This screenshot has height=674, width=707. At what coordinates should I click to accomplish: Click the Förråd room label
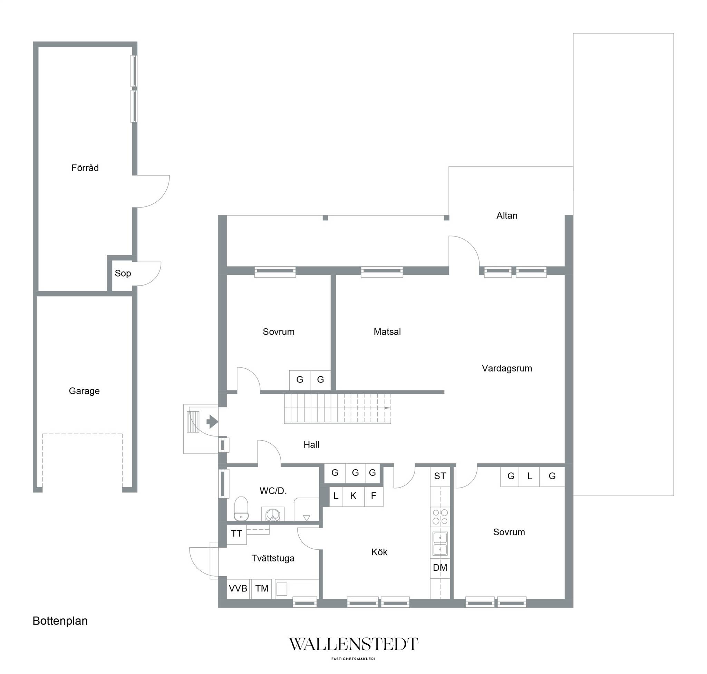click(85, 168)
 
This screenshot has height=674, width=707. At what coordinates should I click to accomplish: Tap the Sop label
click(123, 273)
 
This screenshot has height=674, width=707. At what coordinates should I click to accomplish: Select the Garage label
click(84, 391)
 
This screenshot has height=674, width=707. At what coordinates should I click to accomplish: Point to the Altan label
click(507, 215)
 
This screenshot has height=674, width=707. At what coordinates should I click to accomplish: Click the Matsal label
click(387, 331)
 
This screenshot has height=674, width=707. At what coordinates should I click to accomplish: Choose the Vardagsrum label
click(507, 368)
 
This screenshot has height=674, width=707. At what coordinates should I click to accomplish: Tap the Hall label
click(311, 445)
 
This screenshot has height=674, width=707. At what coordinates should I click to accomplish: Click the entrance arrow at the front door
click(212, 422)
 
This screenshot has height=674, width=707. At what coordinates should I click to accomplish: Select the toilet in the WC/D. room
click(241, 509)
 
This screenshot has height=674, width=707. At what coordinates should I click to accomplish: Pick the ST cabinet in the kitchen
click(440, 476)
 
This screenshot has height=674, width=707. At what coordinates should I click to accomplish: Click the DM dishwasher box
click(440, 568)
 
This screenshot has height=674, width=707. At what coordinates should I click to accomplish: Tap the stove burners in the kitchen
click(440, 517)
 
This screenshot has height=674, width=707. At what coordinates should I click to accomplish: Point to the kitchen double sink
click(440, 543)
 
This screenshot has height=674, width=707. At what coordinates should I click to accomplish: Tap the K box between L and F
click(353, 496)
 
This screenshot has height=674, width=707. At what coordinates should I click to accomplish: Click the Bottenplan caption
click(60, 621)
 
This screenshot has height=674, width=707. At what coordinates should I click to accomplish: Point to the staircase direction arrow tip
click(390, 408)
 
